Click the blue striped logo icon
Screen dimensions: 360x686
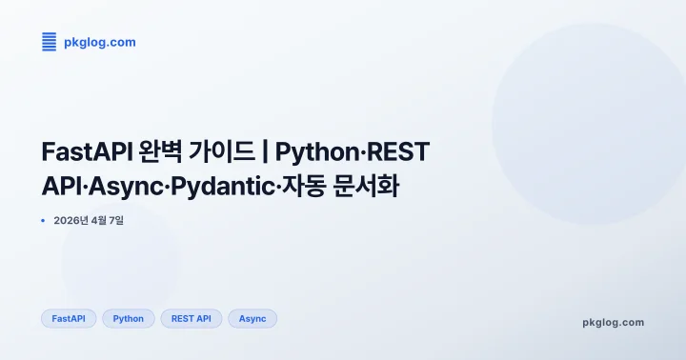(50, 42)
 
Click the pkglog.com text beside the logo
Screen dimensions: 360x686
(99, 42)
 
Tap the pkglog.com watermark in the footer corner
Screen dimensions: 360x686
(613, 322)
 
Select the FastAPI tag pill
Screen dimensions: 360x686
(69, 318)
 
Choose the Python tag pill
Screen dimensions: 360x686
(129, 318)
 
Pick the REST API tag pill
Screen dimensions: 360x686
(192, 318)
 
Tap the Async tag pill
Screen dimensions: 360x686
(252, 318)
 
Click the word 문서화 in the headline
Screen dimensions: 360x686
(366, 186)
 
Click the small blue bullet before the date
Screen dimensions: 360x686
(44, 221)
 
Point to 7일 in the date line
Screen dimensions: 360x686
(114, 221)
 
